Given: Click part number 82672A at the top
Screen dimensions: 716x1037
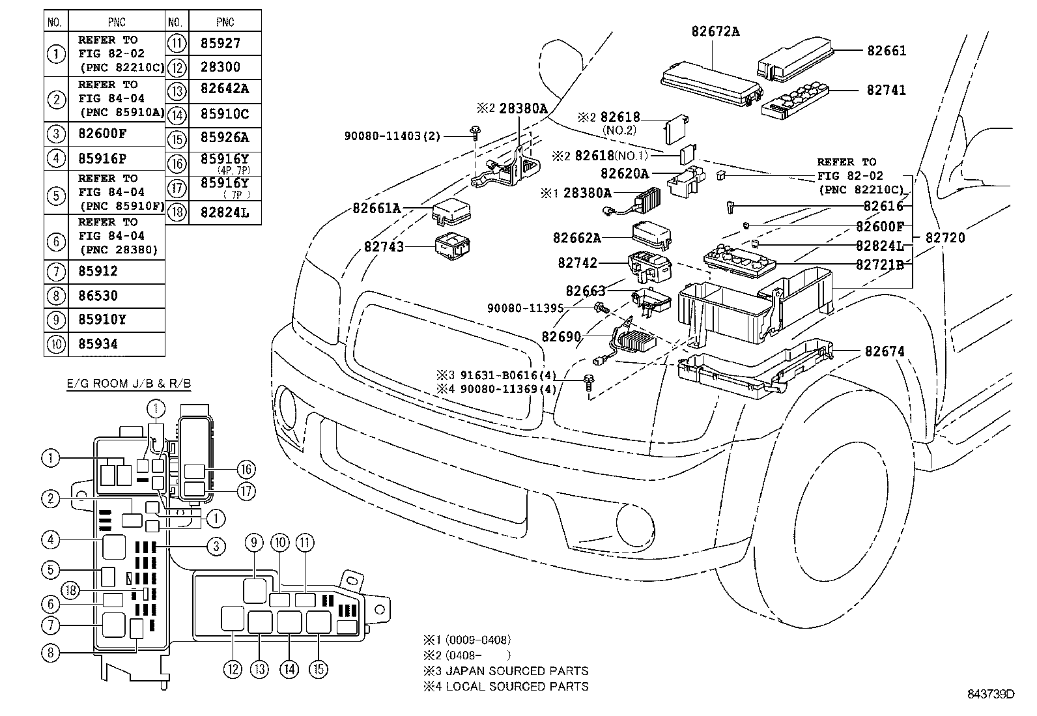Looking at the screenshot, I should click(x=715, y=31).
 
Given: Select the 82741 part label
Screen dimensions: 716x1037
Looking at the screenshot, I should click(x=886, y=91).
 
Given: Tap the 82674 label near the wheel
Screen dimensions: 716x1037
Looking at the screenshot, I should click(x=885, y=351).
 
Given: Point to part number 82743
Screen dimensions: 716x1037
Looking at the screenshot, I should click(x=384, y=247).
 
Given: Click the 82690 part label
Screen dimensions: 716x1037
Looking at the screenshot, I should click(x=560, y=336).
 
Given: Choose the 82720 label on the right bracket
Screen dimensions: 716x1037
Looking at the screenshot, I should click(x=945, y=238).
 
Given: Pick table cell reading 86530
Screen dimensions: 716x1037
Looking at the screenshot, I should click(x=98, y=296).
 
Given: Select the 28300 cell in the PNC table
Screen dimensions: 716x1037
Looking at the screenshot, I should click(x=220, y=67).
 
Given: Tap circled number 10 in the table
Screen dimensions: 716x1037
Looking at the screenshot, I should click(x=56, y=344).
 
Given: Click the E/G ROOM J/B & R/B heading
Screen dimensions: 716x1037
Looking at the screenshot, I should click(x=129, y=384).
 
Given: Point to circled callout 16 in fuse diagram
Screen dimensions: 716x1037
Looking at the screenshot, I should click(x=246, y=469).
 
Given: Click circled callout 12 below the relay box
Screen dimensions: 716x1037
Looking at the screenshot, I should click(x=233, y=668).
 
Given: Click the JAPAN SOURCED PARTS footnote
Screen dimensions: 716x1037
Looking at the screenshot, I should click(x=507, y=670).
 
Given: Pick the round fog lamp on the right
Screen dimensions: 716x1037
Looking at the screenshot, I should click(x=634, y=522).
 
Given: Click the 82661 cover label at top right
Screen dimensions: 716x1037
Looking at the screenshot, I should click(x=886, y=51).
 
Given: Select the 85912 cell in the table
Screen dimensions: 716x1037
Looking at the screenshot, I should click(x=98, y=272).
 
